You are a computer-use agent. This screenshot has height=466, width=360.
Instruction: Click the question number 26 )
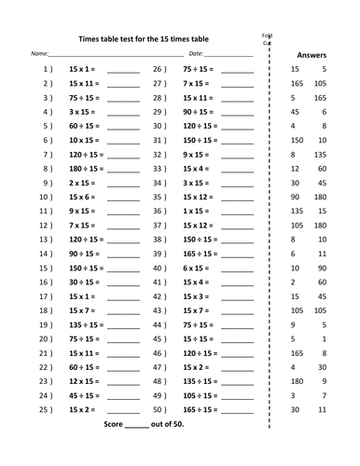tap(159, 70)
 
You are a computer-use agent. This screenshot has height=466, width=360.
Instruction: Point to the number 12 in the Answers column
tap(295, 169)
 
